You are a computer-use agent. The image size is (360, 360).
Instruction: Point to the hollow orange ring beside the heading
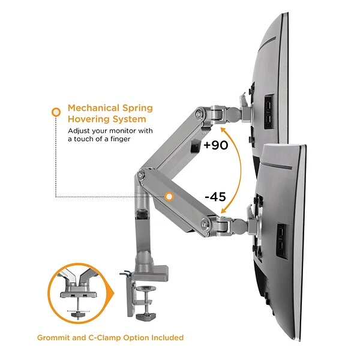[x=56, y=112]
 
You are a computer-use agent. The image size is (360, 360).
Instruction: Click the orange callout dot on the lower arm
[x=170, y=196]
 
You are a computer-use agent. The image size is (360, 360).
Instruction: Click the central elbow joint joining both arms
[x=141, y=176]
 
